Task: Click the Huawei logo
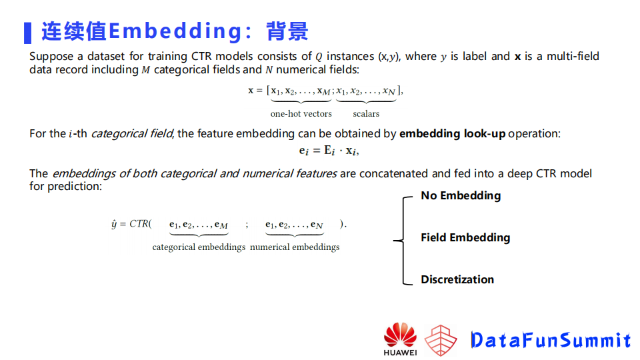tap(400, 338)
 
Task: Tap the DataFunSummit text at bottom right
tap(550, 340)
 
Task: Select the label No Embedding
tap(460, 195)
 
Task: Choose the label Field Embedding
tap(465, 237)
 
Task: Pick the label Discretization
tap(457, 279)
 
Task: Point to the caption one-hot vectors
tap(301, 114)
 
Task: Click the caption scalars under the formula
tap(366, 114)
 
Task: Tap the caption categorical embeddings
tap(199, 247)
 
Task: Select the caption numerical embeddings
tap(295, 247)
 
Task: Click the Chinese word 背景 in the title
tap(287, 31)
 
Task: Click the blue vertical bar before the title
tap(27, 32)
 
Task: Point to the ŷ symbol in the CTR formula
tap(114, 224)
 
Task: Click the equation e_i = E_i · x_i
tap(329, 151)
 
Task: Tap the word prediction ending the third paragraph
tap(74, 187)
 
